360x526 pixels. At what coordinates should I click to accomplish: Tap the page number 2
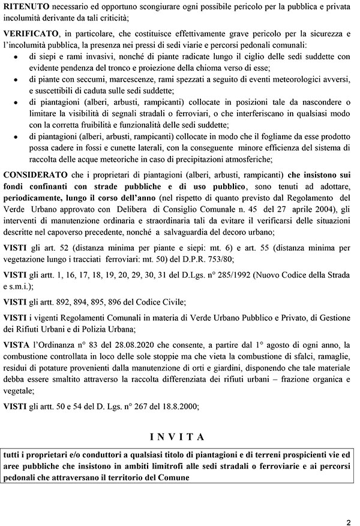(x=348, y=521)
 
